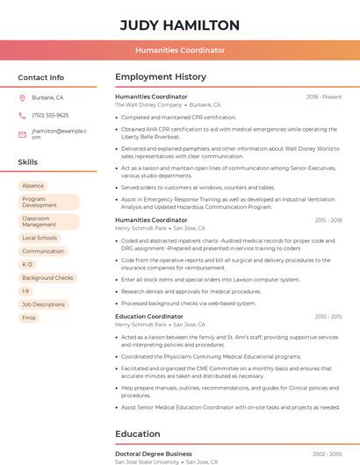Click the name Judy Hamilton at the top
coord(179,25)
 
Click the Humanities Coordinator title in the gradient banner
coord(179,51)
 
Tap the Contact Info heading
coord(41,77)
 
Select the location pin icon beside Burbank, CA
coord(22,98)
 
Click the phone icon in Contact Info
coord(22,116)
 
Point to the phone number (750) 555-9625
coord(50,116)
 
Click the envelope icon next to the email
coord(22,134)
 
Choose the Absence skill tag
coord(32,186)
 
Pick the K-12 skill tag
coord(27,264)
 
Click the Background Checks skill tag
coord(47,277)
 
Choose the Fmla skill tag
coord(29,317)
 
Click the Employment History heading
coord(161,77)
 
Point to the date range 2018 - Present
coord(324,97)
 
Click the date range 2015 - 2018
coord(328,220)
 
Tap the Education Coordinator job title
coord(149,316)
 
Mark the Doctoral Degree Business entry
coord(154,454)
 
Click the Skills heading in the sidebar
coord(28,162)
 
